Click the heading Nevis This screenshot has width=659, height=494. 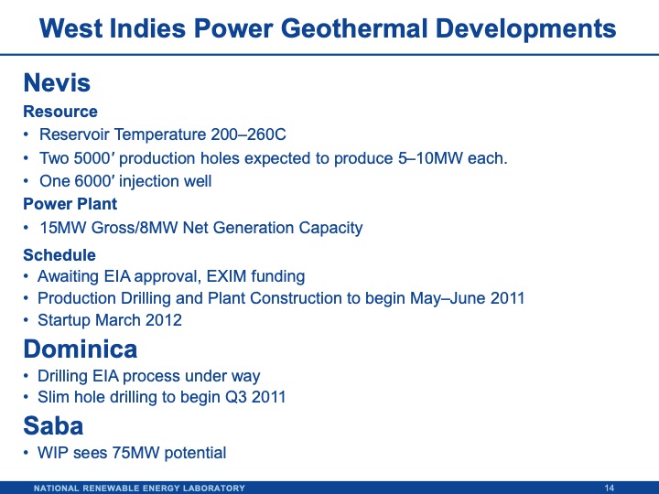(x=57, y=83)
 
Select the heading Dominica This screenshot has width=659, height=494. (x=81, y=349)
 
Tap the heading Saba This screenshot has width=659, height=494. (x=53, y=425)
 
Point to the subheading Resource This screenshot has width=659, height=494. (x=60, y=112)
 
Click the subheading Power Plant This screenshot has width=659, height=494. (x=70, y=204)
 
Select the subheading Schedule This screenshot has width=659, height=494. (x=59, y=255)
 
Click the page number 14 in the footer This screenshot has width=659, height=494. (x=610, y=488)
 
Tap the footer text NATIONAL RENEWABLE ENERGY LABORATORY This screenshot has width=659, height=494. (x=139, y=488)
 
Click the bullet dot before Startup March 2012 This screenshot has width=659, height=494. (x=27, y=321)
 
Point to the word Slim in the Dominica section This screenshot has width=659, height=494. (x=53, y=398)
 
